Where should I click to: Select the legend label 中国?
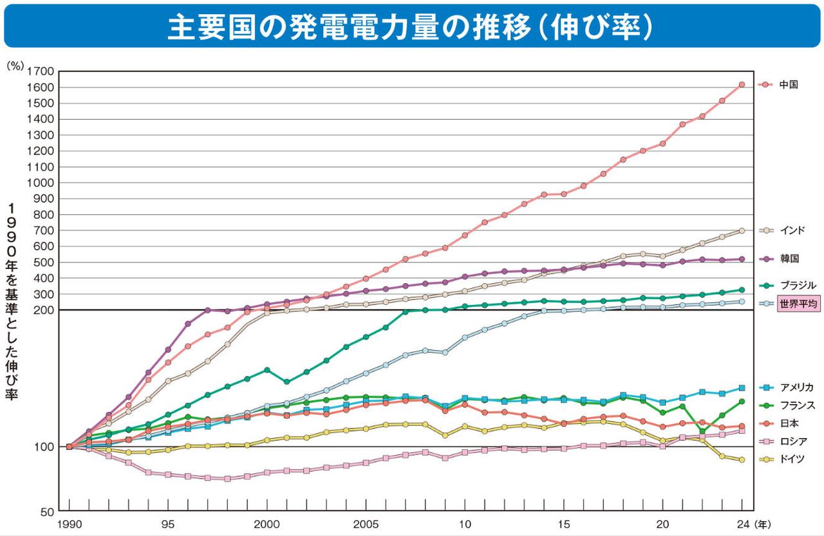[789, 84]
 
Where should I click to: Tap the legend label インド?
[792, 230]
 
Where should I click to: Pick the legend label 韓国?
[789, 259]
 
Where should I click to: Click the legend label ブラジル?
[797, 285]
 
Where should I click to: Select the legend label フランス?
[797, 405]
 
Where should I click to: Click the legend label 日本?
[789, 423]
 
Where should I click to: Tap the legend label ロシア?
[792, 441]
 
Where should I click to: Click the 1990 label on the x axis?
[69, 524]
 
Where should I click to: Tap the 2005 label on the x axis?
[366, 524]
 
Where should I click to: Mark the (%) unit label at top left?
[15, 65]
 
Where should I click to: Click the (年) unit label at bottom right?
[763, 524]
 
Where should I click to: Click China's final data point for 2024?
[742, 85]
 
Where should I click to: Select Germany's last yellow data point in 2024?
[742, 459]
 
